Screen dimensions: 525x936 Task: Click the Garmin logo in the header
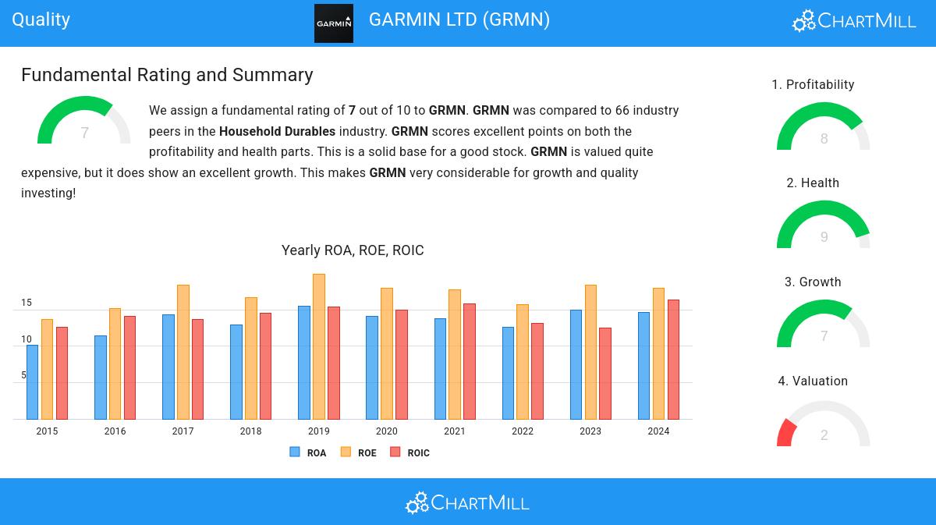(x=333, y=23)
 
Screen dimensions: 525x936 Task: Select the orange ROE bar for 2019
(x=318, y=346)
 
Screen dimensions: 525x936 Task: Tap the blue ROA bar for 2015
(x=32, y=382)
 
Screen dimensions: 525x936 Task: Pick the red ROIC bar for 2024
(x=673, y=360)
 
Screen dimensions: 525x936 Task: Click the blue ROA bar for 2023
(x=576, y=364)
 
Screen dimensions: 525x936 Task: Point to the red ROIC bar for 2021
(x=469, y=361)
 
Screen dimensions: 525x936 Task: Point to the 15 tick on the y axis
(x=27, y=303)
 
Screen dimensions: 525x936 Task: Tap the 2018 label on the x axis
(x=250, y=431)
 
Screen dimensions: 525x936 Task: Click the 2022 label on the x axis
(x=523, y=431)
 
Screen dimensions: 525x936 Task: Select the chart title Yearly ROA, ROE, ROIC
(x=353, y=250)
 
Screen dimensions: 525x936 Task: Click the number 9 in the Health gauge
(x=824, y=237)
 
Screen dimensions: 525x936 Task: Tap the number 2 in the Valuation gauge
(x=824, y=435)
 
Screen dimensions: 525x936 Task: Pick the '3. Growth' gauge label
(x=813, y=282)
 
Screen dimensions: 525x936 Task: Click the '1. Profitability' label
(x=813, y=85)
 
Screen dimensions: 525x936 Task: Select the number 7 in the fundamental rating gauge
(x=84, y=133)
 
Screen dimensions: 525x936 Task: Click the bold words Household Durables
(x=277, y=132)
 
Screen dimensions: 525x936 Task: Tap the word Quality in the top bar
(x=41, y=20)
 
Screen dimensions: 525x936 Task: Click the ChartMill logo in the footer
(x=467, y=502)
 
